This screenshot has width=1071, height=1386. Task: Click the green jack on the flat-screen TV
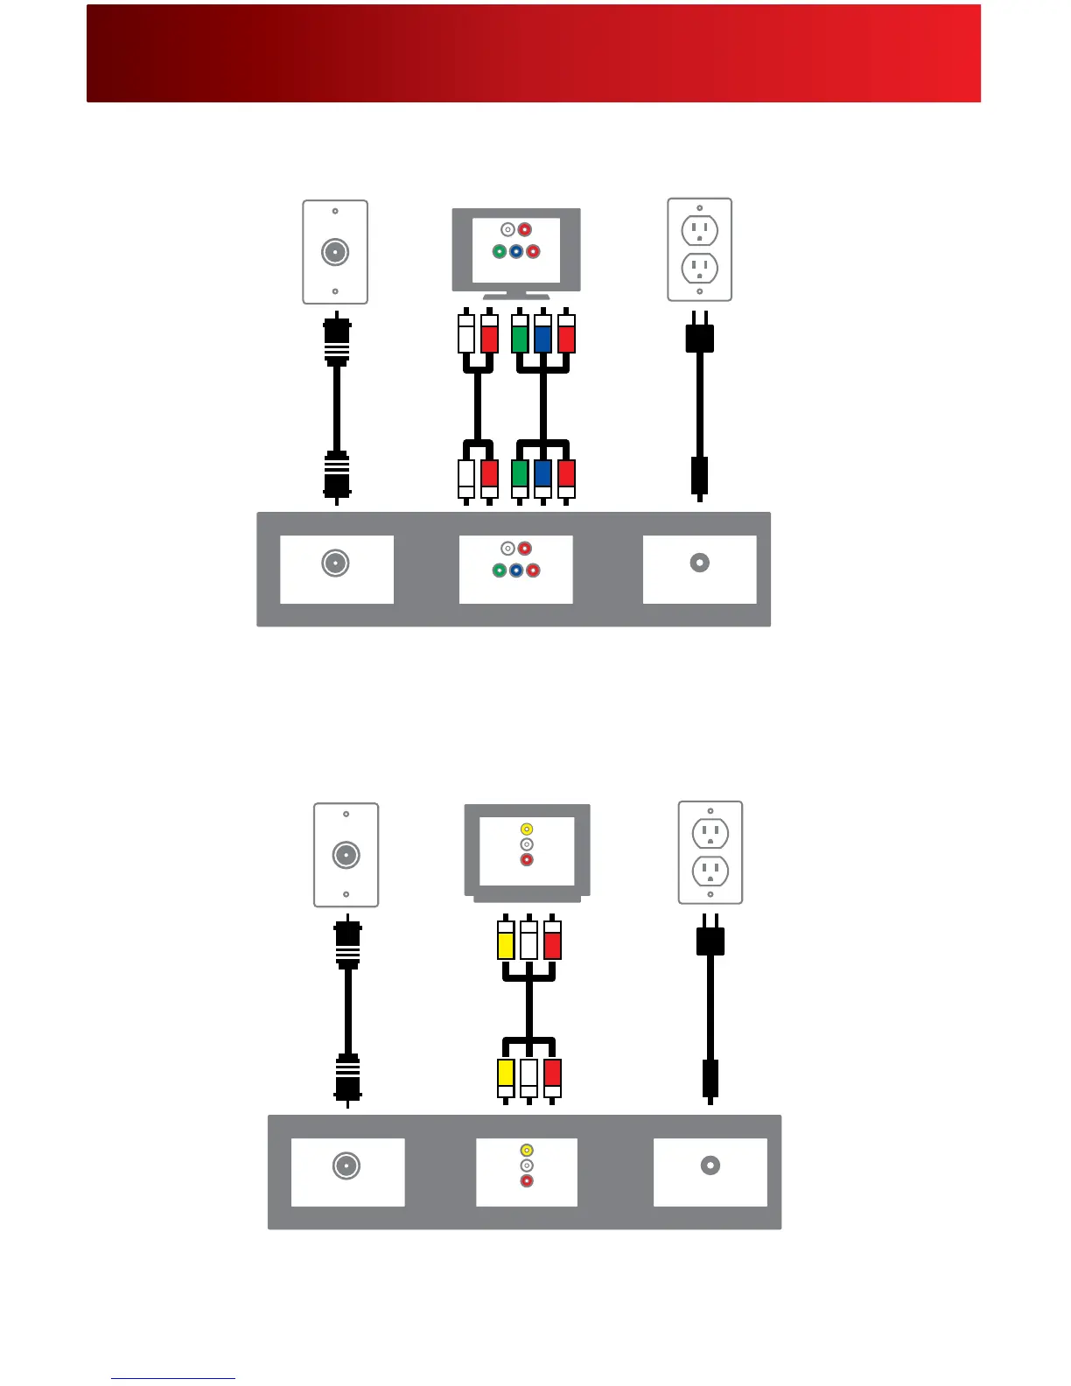coord(499,252)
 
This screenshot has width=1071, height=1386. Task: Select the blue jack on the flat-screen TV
coord(516,252)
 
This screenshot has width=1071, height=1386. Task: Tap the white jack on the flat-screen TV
coord(507,230)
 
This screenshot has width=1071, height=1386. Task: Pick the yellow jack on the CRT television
coord(527,829)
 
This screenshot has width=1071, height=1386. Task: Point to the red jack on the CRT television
coord(527,860)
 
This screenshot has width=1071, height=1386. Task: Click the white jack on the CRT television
coord(527,844)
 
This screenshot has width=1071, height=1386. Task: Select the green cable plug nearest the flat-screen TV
coord(520,336)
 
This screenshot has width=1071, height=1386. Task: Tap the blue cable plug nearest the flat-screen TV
coord(543,336)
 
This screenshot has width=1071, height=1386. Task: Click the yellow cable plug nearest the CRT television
coord(506,941)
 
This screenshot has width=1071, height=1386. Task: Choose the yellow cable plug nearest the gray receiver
coord(506,1075)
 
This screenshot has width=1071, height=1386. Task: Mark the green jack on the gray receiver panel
coord(499,570)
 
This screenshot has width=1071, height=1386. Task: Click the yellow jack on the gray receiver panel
coord(527,1151)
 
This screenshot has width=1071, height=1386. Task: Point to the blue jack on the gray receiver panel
coord(516,570)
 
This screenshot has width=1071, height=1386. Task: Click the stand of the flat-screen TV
coord(516,296)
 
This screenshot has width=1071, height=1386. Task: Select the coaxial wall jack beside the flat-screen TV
coord(335,252)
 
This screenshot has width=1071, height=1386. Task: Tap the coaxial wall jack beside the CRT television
coord(346,855)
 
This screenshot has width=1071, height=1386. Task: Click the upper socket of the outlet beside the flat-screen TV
coord(700,231)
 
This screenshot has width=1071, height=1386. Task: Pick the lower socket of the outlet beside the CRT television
coord(710,871)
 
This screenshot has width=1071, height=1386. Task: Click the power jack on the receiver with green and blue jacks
coord(700,563)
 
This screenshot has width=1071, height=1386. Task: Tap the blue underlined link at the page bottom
coord(173,1377)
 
